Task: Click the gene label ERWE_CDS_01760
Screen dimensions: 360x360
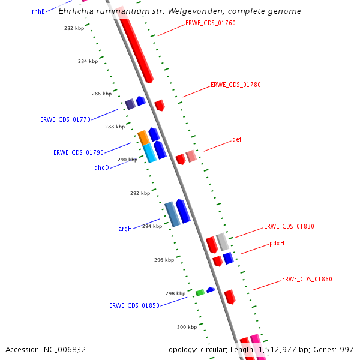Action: click(210, 23)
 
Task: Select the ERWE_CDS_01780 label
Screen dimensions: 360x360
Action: click(235, 85)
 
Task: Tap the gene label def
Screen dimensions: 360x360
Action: click(237, 140)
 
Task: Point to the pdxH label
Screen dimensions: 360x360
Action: click(277, 244)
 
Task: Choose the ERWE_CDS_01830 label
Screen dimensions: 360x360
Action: click(289, 227)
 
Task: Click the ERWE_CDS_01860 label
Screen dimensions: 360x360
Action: click(307, 280)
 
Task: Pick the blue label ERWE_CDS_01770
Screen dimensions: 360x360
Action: click(65, 119)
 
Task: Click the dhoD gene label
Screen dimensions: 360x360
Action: click(101, 168)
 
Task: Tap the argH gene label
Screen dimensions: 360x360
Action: click(125, 229)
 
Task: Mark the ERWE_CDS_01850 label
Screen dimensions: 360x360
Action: click(134, 305)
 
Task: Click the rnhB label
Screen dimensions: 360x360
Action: click(38, 11)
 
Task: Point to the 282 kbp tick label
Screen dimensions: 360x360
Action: click(74, 29)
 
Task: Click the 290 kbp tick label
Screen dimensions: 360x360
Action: click(127, 160)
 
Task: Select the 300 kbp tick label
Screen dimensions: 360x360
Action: click(187, 327)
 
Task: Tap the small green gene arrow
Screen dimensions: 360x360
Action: click(200, 293)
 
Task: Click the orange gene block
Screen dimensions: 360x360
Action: click(143, 137)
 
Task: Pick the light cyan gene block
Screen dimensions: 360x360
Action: click(149, 153)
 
